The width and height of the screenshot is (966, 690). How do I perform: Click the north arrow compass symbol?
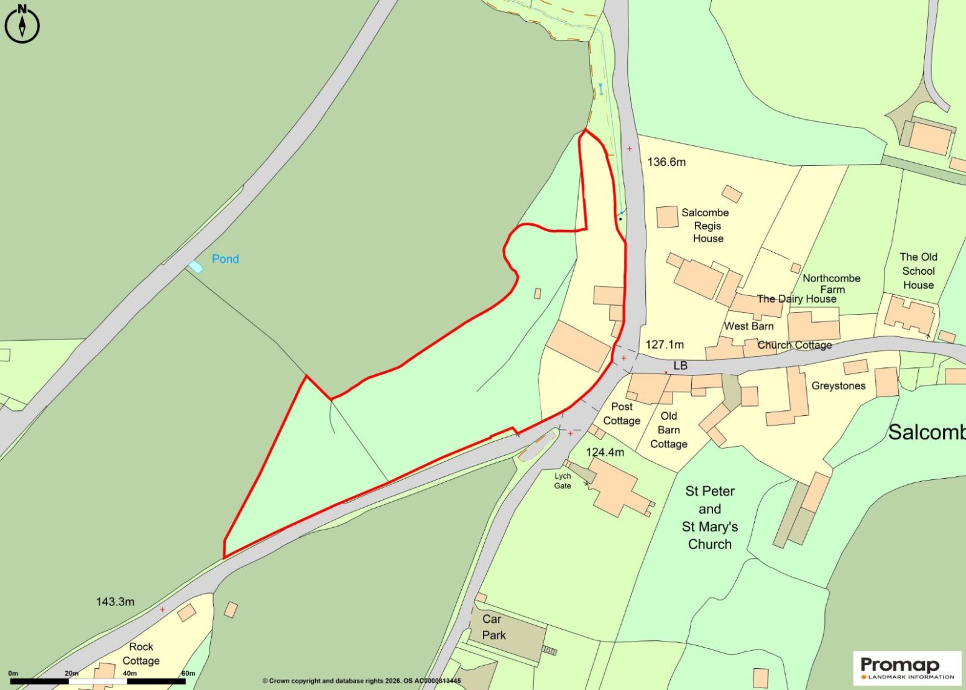coord(22,24)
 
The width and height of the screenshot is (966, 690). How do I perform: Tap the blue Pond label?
coord(225,259)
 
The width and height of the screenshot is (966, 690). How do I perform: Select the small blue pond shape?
coord(196,267)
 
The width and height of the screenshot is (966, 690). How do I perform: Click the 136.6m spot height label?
coord(666,162)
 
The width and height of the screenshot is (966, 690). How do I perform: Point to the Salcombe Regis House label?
coord(706,225)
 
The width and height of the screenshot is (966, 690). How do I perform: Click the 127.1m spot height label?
coord(665,344)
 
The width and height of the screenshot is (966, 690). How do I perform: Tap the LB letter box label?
coord(681,366)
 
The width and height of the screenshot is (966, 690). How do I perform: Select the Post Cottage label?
coord(622,413)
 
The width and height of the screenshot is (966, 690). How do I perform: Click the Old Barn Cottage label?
coord(669,430)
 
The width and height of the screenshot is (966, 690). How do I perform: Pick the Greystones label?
coord(838,386)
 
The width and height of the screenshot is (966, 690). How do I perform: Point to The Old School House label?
coord(918,271)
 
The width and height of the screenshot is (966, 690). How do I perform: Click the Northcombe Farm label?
coord(832,283)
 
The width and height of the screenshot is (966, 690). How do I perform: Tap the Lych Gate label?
coord(563,481)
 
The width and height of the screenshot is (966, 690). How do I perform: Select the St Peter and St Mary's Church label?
coord(710,517)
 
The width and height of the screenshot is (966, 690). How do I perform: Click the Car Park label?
coord(494,627)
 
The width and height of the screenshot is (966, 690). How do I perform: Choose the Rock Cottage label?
coord(141,653)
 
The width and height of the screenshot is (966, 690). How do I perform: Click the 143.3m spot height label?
coord(115,602)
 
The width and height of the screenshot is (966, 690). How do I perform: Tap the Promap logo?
coord(907,668)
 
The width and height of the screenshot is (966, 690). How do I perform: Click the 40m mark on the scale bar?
coord(129,673)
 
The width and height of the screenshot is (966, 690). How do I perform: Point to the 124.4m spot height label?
coord(605,452)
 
